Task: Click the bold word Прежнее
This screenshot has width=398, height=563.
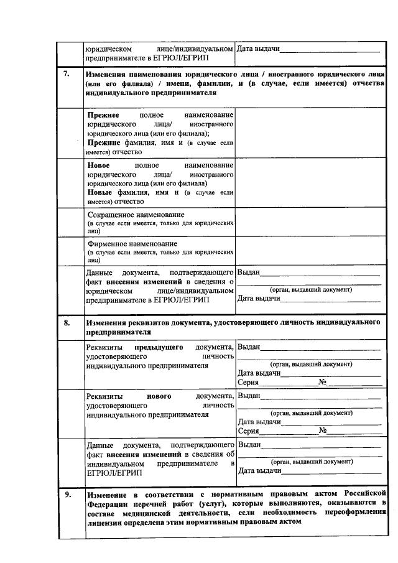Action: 103,115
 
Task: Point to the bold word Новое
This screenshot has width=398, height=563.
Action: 99,165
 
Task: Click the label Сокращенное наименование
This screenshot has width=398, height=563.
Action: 131,215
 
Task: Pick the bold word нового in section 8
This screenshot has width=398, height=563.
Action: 159,396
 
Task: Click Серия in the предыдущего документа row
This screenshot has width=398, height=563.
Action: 248,382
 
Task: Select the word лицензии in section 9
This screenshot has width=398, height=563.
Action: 104,523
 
